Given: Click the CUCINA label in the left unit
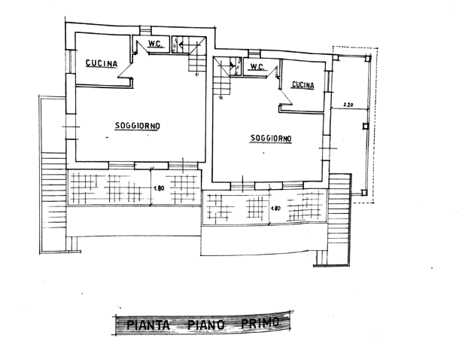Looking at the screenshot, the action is click(x=102, y=63).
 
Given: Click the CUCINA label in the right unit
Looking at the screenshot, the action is click(x=303, y=85).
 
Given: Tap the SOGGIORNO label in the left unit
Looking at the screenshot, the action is click(x=138, y=126).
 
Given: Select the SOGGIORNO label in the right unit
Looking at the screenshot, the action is click(x=271, y=138).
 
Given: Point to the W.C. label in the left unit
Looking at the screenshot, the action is click(x=155, y=44).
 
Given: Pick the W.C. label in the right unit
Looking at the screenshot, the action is click(x=257, y=67).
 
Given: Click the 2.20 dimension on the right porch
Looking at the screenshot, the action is click(x=348, y=104).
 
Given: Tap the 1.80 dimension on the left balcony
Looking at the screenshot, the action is click(x=159, y=188).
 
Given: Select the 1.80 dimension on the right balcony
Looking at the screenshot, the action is click(x=275, y=209).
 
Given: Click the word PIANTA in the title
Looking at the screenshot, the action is click(x=147, y=325).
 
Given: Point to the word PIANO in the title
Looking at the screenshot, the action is click(x=205, y=325).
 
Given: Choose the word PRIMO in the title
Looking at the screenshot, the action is click(x=260, y=323).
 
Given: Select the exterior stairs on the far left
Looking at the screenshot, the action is click(x=53, y=191).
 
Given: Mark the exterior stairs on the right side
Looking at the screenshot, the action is click(x=339, y=212).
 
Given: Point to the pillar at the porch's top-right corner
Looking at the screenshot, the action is click(x=368, y=59).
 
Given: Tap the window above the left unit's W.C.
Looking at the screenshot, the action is click(x=145, y=30).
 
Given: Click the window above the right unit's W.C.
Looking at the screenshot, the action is click(x=254, y=54).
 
